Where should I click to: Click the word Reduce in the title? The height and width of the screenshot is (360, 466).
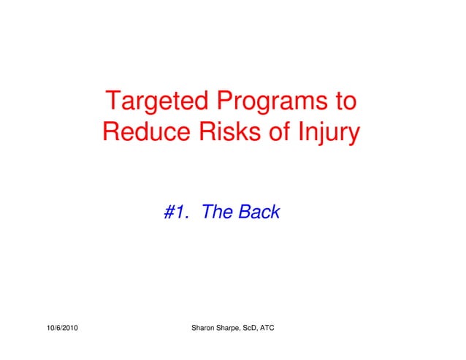[143, 133]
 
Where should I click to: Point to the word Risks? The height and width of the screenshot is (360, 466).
[221, 133]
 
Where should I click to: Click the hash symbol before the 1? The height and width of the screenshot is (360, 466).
[171, 212]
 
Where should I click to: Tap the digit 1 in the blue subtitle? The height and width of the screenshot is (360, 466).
[183, 212]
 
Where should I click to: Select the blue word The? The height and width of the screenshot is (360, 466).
[217, 212]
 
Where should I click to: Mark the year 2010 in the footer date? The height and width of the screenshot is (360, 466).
[70, 329]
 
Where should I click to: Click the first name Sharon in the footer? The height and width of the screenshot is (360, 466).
[203, 329]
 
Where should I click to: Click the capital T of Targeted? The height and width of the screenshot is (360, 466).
[113, 101]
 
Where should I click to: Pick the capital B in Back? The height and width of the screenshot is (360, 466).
[243, 212]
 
